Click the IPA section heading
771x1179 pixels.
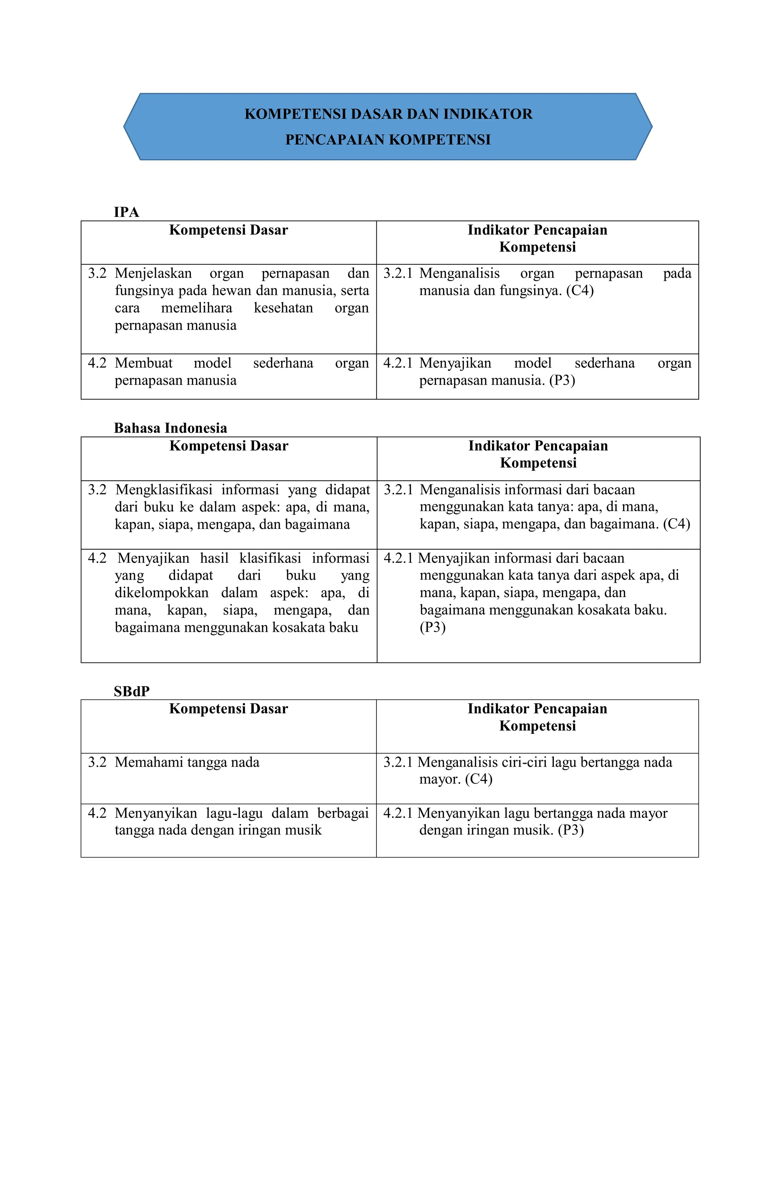click(126, 212)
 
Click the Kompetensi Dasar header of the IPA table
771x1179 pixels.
click(229, 230)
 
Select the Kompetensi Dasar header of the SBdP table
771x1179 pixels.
click(229, 708)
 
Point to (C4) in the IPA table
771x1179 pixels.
click(580, 290)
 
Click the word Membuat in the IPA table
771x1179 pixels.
click(144, 363)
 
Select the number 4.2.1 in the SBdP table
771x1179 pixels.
click(398, 813)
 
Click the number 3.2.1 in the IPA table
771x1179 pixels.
click(398, 273)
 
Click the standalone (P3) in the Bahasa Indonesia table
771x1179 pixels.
click(433, 628)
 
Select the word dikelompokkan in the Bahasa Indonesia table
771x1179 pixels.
click(162, 593)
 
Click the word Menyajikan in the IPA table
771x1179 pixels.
click(455, 363)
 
